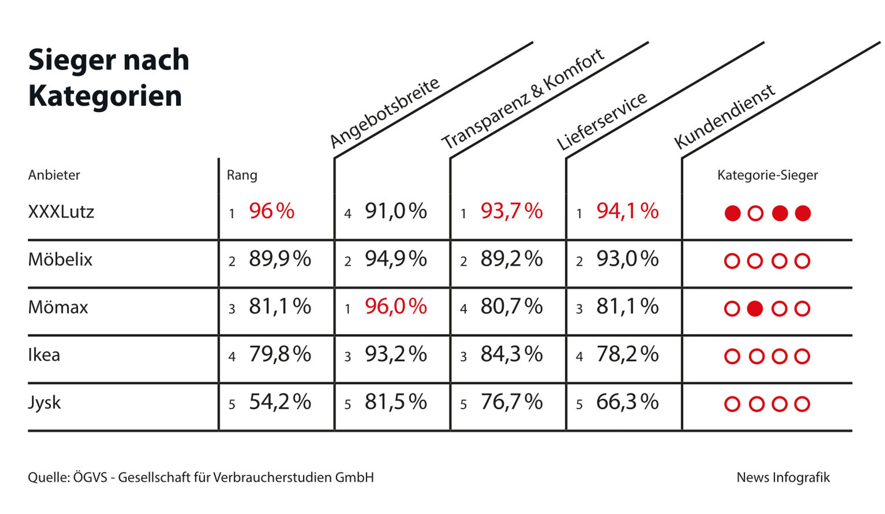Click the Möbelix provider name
click(x=60, y=260)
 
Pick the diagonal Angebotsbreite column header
click(x=384, y=113)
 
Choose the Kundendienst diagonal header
click(x=725, y=117)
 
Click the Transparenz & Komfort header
click(x=523, y=99)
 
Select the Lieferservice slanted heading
click(x=602, y=121)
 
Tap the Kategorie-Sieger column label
click(x=767, y=175)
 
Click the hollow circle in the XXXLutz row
click(x=755, y=214)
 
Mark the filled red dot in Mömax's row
click(x=755, y=309)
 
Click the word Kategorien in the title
click(x=105, y=96)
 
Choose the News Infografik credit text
click(x=783, y=477)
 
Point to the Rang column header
click(x=242, y=175)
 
